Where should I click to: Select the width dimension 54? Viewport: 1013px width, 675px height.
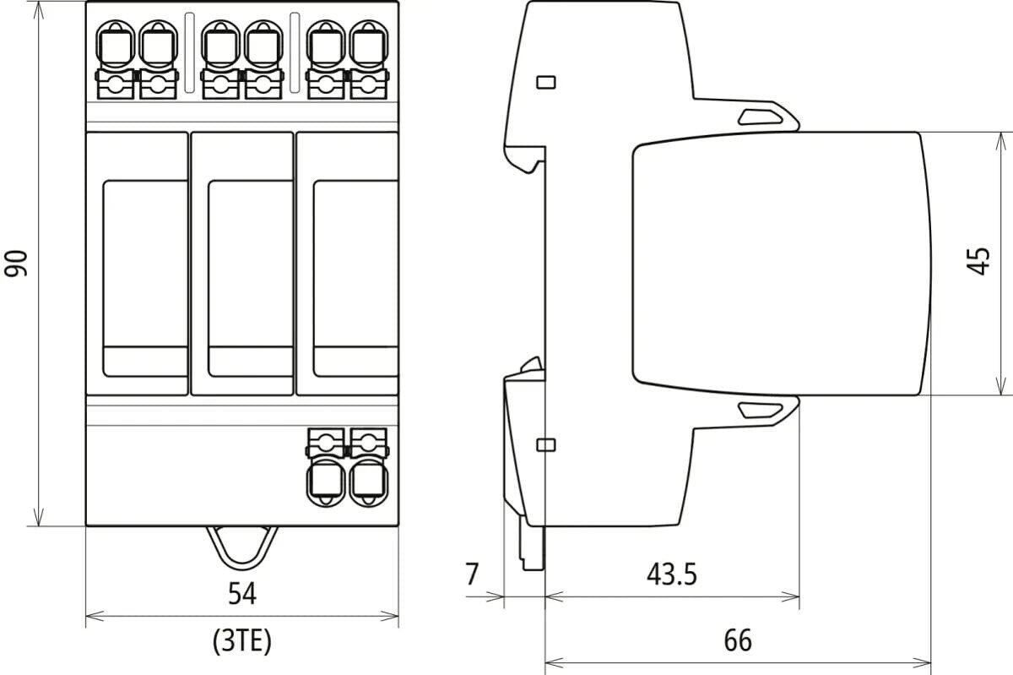241,594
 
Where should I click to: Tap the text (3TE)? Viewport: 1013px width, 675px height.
241,642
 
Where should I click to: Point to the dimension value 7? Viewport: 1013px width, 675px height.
472,574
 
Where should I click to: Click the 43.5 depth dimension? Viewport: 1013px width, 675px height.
672,574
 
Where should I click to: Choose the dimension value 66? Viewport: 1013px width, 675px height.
737,640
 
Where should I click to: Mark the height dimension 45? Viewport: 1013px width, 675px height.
979,262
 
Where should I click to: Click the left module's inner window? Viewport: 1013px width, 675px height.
145,278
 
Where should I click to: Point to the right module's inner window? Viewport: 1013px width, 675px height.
355,278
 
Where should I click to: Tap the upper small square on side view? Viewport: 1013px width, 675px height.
546,82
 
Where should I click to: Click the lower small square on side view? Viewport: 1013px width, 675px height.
546,444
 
